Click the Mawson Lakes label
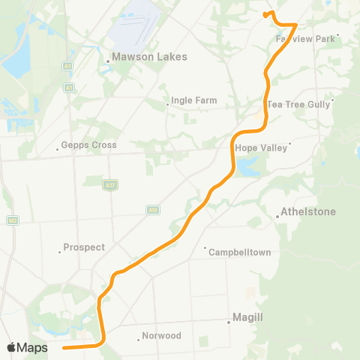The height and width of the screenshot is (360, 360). pos(149,56)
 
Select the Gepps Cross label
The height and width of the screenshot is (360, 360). pos(89,145)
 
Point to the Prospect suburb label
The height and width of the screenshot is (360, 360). pos(84,247)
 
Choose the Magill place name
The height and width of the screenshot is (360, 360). pos(247,318)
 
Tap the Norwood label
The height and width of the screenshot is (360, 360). pos(161,336)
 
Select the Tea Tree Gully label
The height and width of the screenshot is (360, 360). pos(298,104)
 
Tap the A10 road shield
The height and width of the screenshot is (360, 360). pos(153,210)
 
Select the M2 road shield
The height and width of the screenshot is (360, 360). pos(13,220)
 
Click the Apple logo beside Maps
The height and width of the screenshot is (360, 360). pos(11,347)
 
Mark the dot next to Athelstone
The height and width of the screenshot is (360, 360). pos(277,217)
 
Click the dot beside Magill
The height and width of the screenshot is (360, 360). pos(229,322)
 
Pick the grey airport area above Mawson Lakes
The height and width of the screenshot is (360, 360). pos(139,26)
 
